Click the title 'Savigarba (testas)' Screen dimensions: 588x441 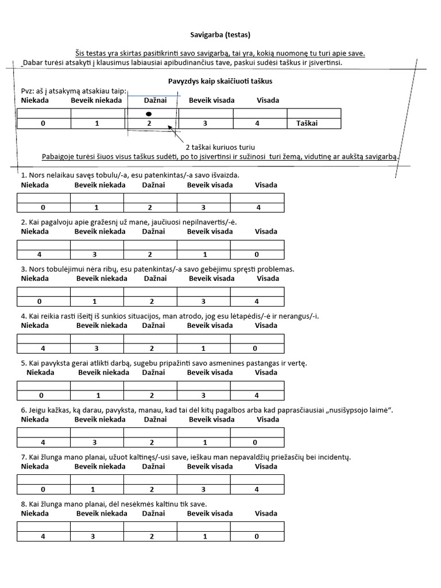(x=220, y=34)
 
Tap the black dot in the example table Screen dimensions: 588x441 (x=149, y=114)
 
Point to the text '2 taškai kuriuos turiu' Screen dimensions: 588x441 (x=220, y=147)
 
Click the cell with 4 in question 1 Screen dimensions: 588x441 (x=257, y=207)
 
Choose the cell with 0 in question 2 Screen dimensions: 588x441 (x=257, y=254)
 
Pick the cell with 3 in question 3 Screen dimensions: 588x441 (x=203, y=301)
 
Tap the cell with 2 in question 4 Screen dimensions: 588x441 (x=150, y=349)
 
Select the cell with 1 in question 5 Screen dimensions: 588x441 (x=96, y=396)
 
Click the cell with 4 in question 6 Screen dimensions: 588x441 (x=43, y=443)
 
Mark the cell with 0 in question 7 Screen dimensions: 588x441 (x=43, y=490)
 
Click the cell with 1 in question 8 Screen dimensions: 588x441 (x=203, y=537)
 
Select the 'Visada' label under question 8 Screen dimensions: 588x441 (x=266, y=514)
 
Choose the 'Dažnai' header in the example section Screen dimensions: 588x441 (x=155, y=100)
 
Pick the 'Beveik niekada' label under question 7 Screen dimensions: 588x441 (x=101, y=467)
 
